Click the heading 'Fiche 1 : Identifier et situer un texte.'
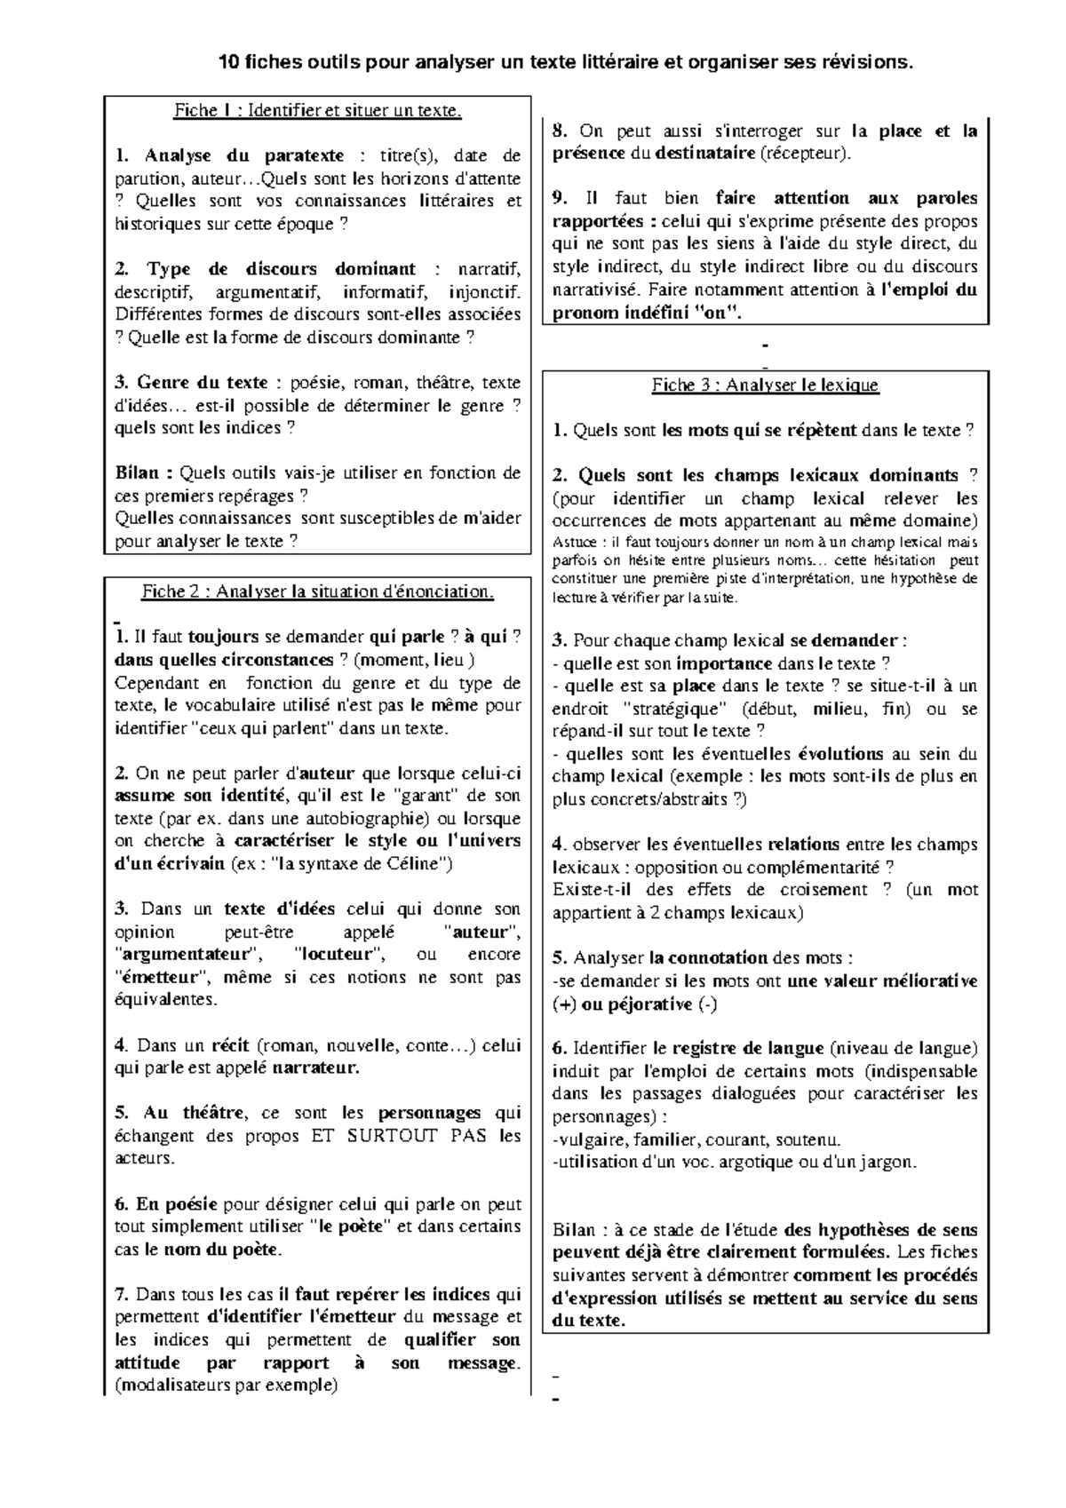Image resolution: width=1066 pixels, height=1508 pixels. [x=318, y=110]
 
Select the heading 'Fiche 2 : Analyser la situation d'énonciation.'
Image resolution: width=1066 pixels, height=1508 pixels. [x=318, y=591]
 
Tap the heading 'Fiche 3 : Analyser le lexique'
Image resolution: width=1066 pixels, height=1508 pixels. [x=765, y=385]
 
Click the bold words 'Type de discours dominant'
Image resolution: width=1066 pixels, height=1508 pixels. [x=281, y=269]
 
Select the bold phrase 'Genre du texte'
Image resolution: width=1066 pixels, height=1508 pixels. [x=203, y=383]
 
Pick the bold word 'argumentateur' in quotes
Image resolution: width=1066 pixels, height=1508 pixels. [x=188, y=955]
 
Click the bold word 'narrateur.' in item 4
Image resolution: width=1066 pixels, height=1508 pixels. [x=315, y=1068]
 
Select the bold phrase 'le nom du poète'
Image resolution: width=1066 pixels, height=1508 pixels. [x=210, y=1250]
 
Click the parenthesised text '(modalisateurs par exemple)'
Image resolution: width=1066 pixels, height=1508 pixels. [x=227, y=1385]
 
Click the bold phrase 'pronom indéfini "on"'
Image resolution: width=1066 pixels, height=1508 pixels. [x=645, y=313]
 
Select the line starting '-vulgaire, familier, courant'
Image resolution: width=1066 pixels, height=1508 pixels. [x=696, y=1139]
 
